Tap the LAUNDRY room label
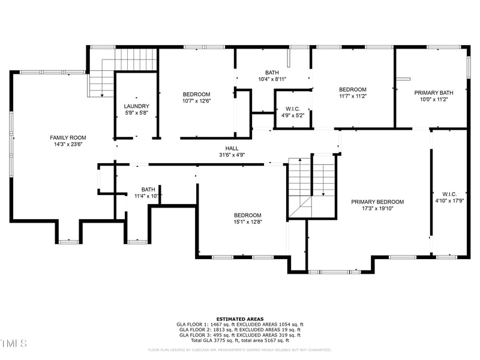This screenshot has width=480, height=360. click(136, 106)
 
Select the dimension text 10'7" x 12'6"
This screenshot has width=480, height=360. click(196, 101)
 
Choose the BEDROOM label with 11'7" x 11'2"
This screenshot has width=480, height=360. click(352, 89)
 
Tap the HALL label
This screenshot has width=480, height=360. click(232, 148)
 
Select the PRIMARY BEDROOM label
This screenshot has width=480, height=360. click(377, 202)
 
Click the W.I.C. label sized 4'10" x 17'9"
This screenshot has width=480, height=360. click(449, 194)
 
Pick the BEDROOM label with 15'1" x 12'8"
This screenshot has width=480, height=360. click(247, 215)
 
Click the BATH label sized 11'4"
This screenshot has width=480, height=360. click(148, 189)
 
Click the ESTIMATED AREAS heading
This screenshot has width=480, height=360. click(239, 319)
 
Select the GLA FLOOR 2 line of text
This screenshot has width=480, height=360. click(239, 329)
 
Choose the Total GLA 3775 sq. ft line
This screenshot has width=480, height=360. click(239, 340)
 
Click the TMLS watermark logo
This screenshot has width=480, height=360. click(14, 344)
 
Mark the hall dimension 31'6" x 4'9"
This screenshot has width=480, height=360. click(232, 155)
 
